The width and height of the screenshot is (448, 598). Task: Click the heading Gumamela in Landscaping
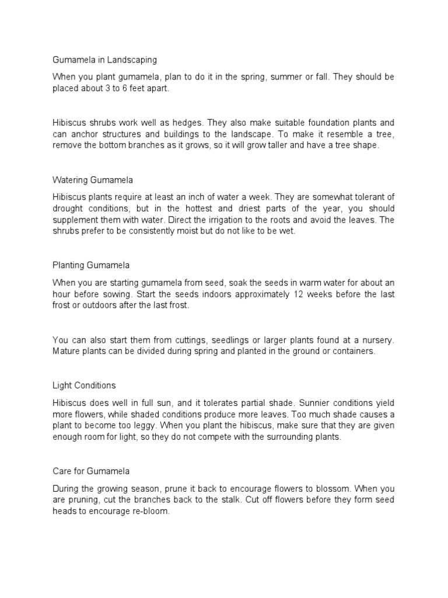pos(104,60)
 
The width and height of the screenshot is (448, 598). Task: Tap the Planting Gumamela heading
pos(92,265)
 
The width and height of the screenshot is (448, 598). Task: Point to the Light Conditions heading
pos(84,385)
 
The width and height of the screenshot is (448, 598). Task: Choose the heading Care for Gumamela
pos(91,471)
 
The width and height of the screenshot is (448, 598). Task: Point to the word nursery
pos(379,339)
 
